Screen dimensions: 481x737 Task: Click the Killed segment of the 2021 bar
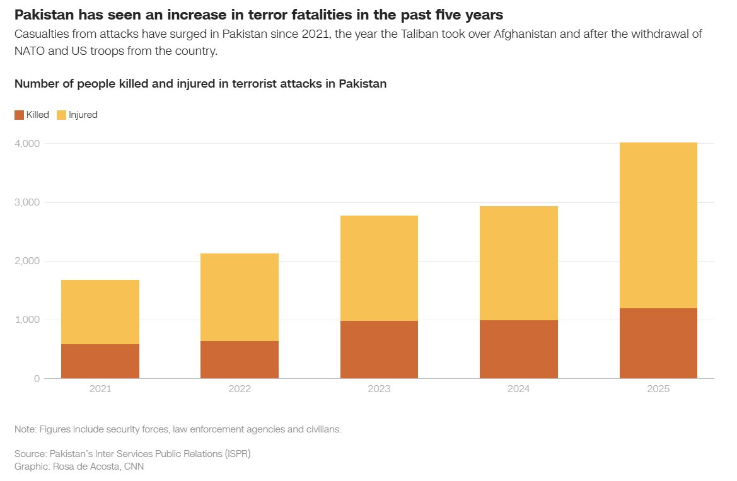coord(100,361)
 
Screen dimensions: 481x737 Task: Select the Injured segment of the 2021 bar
coord(100,312)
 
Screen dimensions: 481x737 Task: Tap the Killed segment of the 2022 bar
coord(240,359)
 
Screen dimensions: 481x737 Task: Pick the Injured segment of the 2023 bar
coord(379,268)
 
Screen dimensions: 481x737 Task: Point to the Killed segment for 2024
coord(518,349)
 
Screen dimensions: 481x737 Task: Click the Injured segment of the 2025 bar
coord(658,225)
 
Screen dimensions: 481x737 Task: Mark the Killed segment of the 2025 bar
coord(658,343)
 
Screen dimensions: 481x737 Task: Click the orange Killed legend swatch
coord(19,115)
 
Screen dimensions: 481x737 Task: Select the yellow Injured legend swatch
coord(61,115)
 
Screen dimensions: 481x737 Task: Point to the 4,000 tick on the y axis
coord(27,144)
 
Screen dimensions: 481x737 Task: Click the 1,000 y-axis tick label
coord(27,320)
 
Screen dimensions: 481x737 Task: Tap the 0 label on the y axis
coord(37,378)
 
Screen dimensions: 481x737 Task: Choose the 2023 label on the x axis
coord(379,389)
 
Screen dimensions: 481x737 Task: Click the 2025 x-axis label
coord(658,389)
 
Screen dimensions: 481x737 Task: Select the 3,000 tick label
coord(27,202)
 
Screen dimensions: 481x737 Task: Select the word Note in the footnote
coord(25,429)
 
